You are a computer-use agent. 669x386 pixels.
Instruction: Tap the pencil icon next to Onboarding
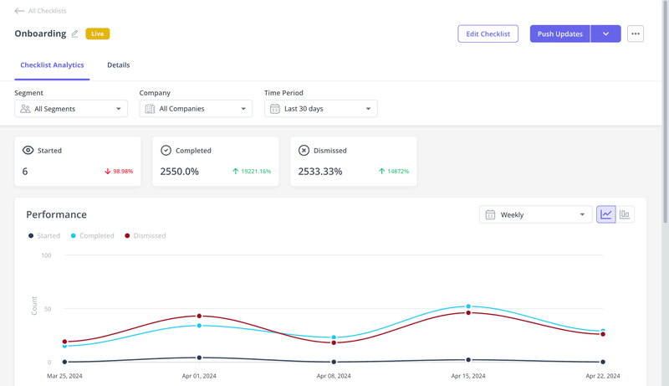[74, 34]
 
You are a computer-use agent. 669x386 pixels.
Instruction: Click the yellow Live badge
[97, 34]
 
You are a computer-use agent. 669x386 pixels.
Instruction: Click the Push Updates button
[560, 34]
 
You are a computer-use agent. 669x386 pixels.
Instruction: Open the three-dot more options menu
[636, 34]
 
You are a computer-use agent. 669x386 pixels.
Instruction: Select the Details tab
[118, 65]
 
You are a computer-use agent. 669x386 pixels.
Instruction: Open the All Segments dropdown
[71, 109]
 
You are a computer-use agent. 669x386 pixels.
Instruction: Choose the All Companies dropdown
[196, 109]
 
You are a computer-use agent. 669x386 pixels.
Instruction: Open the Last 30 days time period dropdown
[320, 109]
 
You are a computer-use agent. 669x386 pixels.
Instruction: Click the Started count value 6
[25, 172]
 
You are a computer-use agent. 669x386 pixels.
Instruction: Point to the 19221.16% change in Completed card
[252, 172]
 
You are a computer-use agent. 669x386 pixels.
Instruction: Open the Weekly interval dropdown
[535, 215]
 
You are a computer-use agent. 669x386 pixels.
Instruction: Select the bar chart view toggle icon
[625, 215]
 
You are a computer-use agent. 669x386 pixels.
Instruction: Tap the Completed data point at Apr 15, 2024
[468, 306]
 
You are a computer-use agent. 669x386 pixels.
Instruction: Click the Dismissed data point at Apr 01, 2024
[199, 316]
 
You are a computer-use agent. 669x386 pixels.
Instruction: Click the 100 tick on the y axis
[45, 255]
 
